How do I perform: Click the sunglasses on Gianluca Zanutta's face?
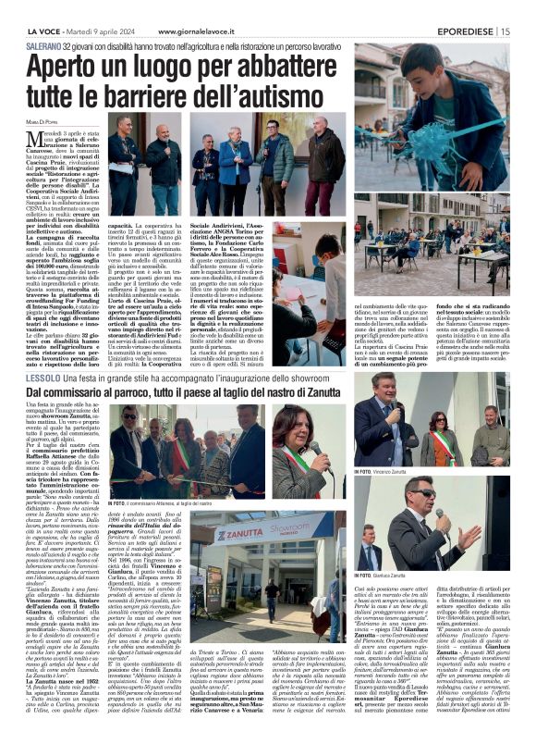coord(424,492)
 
